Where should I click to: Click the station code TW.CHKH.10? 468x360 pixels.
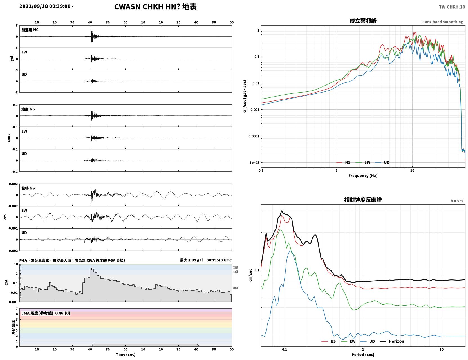click(x=452, y=7)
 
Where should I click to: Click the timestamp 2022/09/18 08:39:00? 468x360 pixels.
click(x=45, y=6)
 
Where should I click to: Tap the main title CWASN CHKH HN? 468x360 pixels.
click(x=147, y=7)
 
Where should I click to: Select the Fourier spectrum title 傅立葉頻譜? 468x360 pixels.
click(x=363, y=21)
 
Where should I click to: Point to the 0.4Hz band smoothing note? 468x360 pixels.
click(x=442, y=22)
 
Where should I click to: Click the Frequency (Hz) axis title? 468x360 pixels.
click(x=363, y=176)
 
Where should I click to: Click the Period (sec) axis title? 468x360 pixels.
click(x=363, y=355)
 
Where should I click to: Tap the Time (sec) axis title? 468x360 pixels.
click(x=126, y=354)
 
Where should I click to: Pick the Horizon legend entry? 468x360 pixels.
click(x=392, y=341)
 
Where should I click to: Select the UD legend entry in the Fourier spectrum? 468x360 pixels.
click(x=382, y=162)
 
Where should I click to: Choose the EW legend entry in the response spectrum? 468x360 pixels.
click(x=348, y=341)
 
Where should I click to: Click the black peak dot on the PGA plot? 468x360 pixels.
click(x=91, y=269)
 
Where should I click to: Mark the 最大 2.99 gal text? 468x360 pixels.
click(x=191, y=260)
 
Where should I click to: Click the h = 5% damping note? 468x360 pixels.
click(x=456, y=201)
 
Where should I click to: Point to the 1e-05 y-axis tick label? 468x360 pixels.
click(x=254, y=163)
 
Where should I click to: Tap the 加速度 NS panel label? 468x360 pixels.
click(x=30, y=30)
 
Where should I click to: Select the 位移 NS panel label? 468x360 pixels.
click(x=28, y=188)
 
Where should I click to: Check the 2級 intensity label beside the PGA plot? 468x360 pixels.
click(x=235, y=267)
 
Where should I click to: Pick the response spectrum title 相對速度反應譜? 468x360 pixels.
click(x=363, y=200)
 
